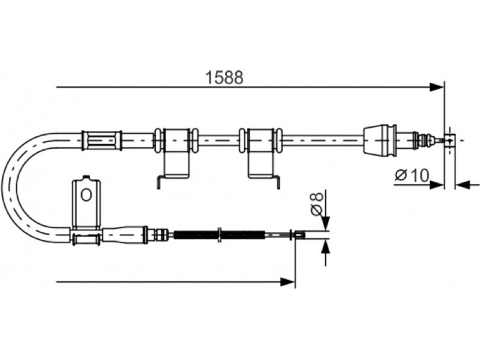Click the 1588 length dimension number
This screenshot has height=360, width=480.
(x=224, y=77)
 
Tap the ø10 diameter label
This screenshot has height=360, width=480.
(x=412, y=175)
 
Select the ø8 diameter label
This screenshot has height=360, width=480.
(x=317, y=203)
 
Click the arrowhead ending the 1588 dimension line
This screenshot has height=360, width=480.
(x=436, y=87)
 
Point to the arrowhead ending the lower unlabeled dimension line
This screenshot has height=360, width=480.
(x=288, y=281)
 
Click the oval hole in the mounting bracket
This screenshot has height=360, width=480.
(x=86, y=194)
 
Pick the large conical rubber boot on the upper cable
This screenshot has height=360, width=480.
(x=380, y=140)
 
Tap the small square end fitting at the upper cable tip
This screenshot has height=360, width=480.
(x=449, y=140)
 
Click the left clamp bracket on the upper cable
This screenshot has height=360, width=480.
(x=176, y=153)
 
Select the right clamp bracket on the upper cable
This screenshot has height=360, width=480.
(x=260, y=153)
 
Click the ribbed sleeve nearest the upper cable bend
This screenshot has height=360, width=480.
(x=101, y=140)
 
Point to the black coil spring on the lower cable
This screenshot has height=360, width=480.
(x=219, y=235)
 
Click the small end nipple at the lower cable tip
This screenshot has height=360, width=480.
(x=299, y=235)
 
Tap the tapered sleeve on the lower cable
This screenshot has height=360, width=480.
(x=125, y=235)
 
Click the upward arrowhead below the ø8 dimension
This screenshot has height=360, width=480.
(x=326, y=246)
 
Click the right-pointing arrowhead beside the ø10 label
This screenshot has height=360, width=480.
(x=437, y=185)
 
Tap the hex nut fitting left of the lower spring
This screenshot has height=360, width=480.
(x=161, y=235)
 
